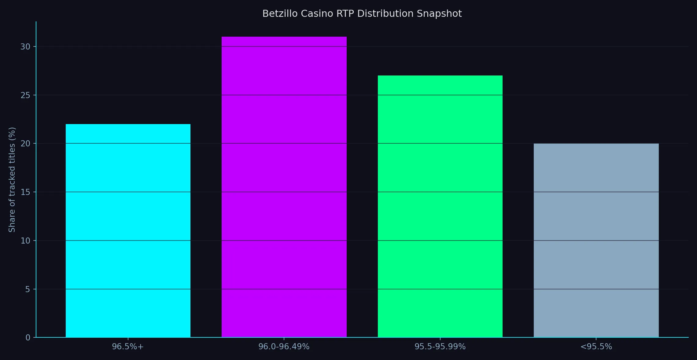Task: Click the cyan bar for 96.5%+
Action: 128,231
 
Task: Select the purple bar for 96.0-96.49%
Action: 284,187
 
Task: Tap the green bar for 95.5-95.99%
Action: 440,206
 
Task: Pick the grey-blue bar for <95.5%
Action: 596,241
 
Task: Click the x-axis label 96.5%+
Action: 128,347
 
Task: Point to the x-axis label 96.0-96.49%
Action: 284,347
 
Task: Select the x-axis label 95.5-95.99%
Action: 440,347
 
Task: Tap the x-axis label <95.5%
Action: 596,347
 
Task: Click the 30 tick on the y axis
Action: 25,46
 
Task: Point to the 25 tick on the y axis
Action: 25,95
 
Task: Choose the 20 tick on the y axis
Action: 25,143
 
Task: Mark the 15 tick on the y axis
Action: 25,192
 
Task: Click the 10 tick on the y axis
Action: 25,241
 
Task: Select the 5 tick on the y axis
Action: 28,289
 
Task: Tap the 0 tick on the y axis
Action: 28,337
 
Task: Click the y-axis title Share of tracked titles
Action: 12,180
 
